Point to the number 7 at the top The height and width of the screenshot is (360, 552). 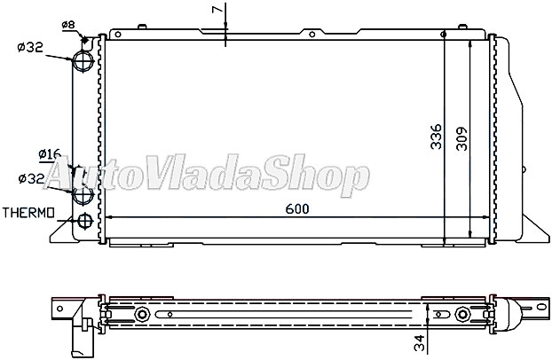(216, 10)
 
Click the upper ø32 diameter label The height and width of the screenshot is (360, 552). (30, 46)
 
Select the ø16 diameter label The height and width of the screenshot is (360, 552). (49, 153)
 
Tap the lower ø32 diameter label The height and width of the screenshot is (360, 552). (30, 179)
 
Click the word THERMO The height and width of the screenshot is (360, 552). (29, 214)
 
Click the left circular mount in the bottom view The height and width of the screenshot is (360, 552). (142, 314)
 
